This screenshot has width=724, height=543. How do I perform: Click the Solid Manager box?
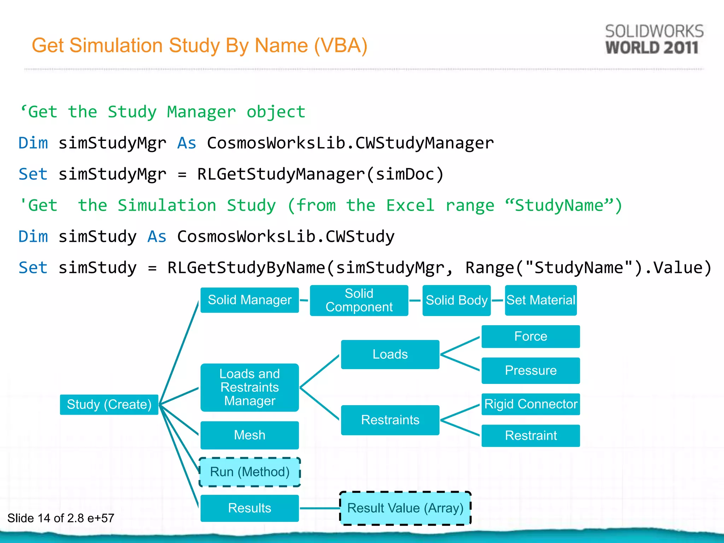pos(250,300)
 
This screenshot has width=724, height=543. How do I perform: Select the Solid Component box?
pos(359,300)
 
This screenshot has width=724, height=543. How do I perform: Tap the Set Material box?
pos(541,300)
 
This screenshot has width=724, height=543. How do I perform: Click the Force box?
pos(530,336)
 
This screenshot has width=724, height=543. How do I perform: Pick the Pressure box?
pos(530,370)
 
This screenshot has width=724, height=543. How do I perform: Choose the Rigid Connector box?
pos(530,404)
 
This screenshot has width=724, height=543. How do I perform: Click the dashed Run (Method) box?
pos(250,472)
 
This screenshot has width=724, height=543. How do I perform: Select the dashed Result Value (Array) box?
pos(405,508)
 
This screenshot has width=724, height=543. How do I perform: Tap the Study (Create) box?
pos(109,404)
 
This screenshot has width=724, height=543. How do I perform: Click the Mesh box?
pos(250,435)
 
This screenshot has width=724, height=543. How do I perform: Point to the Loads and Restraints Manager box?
pos(250,387)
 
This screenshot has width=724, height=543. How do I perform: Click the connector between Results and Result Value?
pos(320,508)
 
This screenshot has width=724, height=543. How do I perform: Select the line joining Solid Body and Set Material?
pos(498,300)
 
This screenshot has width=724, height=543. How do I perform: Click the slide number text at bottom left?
pos(61,518)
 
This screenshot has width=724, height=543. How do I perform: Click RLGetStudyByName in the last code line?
pos(246,268)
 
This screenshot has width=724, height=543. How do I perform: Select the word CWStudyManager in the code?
pos(424,143)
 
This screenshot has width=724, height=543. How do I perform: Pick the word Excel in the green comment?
pos(410,205)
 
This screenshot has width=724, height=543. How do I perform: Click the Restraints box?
pos(390,420)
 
